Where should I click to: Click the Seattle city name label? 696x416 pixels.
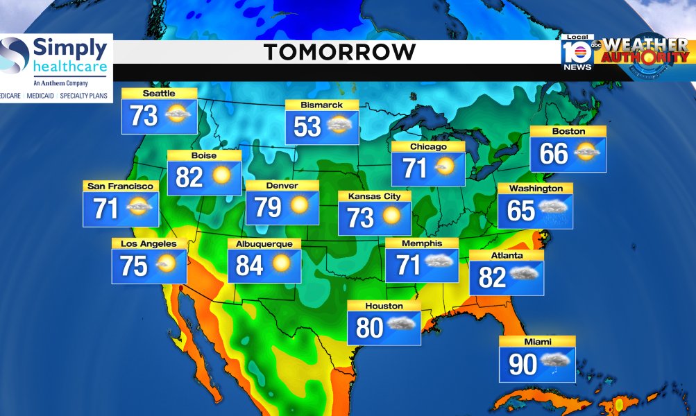159,94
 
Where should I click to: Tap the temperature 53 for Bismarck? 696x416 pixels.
307,126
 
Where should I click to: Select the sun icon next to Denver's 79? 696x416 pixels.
300,206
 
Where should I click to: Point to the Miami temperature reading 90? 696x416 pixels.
523,365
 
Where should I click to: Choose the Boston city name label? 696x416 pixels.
568,131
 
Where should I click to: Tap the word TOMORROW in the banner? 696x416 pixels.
340,51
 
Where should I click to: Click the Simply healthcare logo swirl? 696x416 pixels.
15,55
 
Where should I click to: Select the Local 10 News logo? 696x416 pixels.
578,52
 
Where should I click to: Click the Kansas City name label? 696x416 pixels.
374,196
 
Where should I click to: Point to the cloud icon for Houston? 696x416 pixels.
401,324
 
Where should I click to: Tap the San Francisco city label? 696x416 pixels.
120,187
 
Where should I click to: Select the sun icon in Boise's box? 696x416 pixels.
221,175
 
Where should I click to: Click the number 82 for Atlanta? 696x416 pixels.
492,277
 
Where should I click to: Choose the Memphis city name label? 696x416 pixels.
422,243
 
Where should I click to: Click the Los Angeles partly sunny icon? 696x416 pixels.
166,263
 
